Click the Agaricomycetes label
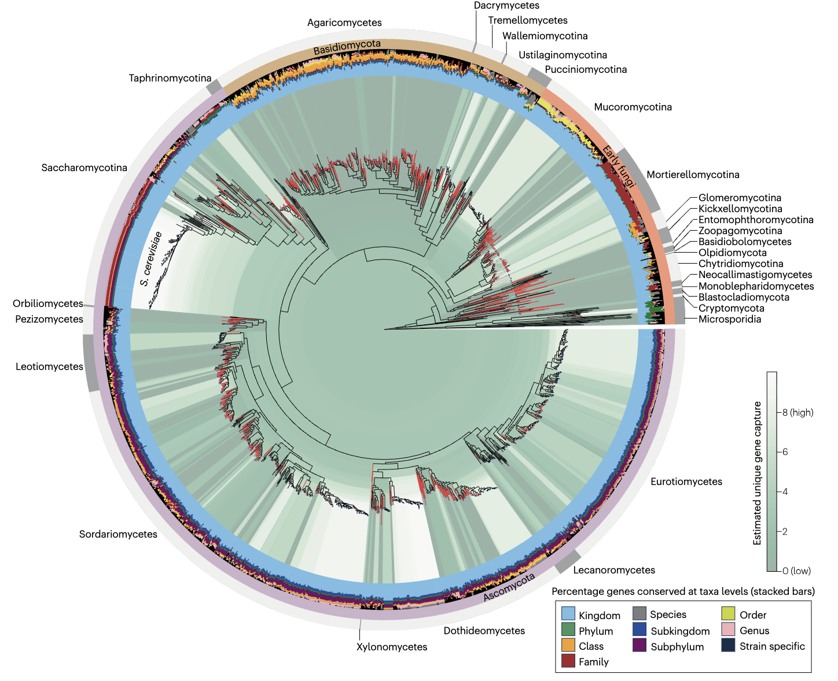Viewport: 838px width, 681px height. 344,23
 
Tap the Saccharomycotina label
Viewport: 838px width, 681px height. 84,168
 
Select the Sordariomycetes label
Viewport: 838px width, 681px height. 118,534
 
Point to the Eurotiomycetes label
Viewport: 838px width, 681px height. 686,482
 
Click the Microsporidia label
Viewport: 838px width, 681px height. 729,319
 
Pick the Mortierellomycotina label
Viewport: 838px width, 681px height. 693,175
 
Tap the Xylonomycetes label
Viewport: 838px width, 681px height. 392,647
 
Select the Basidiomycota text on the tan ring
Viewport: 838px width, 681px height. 347,47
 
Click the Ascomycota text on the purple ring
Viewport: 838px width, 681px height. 509,587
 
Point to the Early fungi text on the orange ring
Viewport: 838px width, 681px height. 619,167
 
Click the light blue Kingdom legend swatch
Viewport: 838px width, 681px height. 568,615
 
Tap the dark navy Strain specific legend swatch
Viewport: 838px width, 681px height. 729,646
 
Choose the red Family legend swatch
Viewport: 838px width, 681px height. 568,661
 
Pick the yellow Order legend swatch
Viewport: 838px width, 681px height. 729,615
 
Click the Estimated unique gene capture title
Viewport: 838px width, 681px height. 757,473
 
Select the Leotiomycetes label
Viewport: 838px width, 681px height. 49,367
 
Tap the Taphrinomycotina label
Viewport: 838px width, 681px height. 170,78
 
